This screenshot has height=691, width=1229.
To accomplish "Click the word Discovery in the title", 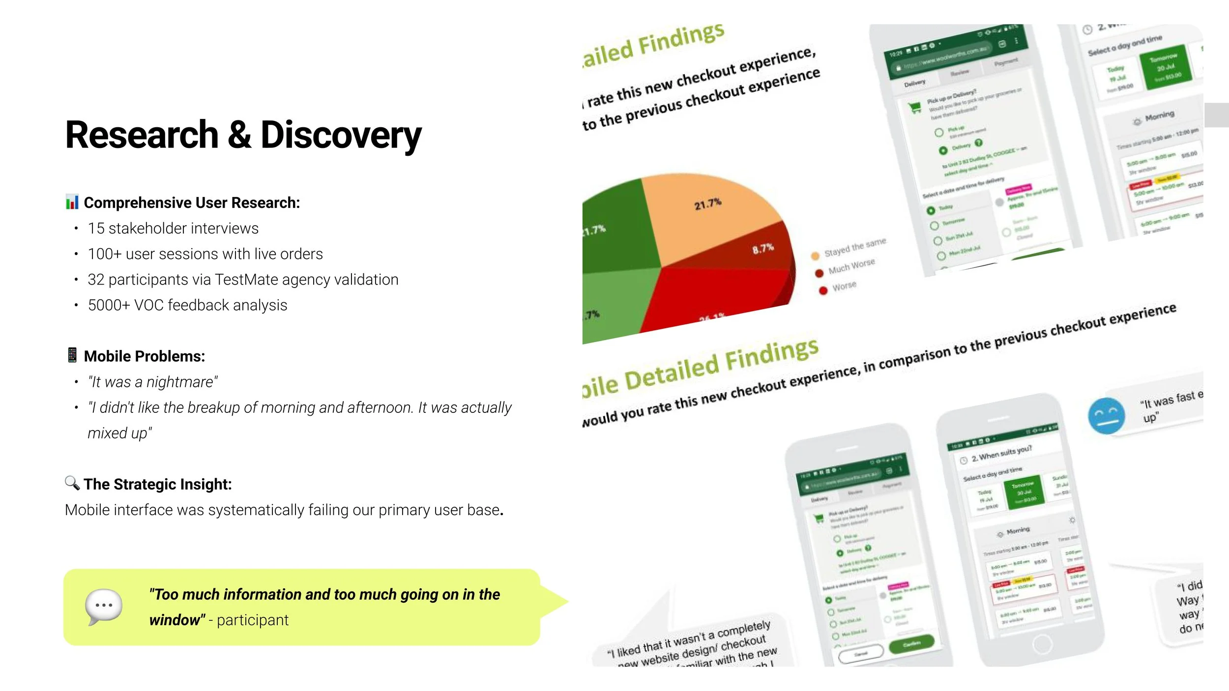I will (341, 135).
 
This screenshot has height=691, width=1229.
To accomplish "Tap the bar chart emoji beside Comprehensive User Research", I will (72, 202).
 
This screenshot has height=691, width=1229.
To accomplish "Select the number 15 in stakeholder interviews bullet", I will (96, 229).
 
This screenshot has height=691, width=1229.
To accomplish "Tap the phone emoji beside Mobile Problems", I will (72, 355).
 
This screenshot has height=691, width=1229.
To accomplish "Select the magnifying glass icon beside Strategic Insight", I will (72, 483).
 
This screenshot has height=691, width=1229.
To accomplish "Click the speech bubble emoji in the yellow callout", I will (103, 606).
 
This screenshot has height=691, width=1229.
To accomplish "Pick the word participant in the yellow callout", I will (252, 620).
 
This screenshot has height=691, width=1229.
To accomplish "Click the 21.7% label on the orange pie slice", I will (707, 203).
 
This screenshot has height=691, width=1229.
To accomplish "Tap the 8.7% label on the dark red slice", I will (762, 249).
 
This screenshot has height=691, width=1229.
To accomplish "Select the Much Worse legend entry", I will (851, 266).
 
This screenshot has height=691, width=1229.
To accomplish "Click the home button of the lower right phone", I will (1042, 644).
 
